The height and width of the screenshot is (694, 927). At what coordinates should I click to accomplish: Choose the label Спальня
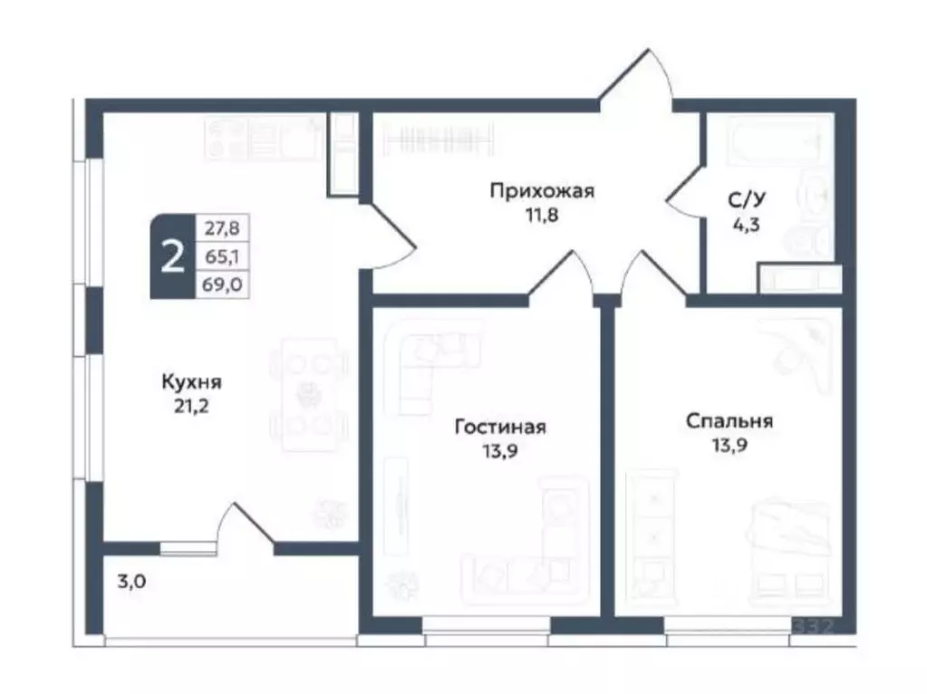coord(729,420)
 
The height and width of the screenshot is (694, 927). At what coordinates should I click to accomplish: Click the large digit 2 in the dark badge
coord(170,257)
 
